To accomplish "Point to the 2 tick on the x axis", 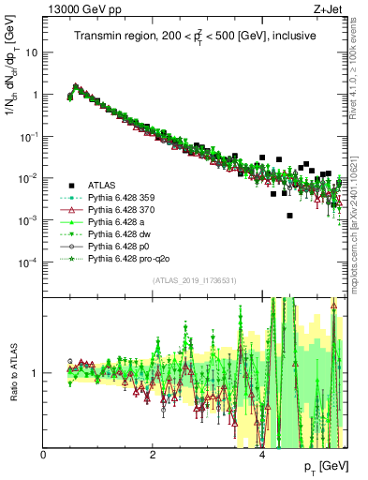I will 153,455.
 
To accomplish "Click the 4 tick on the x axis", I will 262,455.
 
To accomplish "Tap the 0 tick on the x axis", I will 44,455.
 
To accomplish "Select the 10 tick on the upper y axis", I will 32,52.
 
